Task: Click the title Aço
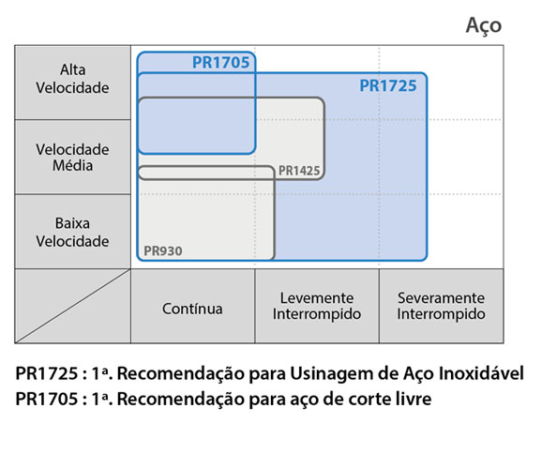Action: pyautogui.click(x=484, y=26)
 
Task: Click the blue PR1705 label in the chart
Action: pyautogui.click(x=220, y=63)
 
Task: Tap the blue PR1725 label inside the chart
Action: pyautogui.click(x=388, y=85)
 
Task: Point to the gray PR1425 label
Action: pyautogui.click(x=299, y=171)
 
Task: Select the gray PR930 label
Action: pyautogui.click(x=163, y=250)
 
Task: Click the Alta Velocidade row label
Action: pyautogui.click(x=72, y=79)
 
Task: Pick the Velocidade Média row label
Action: pyautogui.click(x=72, y=158)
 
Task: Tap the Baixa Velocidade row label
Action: pyautogui.click(x=72, y=232)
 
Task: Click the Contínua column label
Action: pyautogui.click(x=192, y=309)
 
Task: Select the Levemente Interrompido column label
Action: pyautogui.click(x=317, y=306)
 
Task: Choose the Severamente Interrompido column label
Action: pyautogui.click(x=441, y=306)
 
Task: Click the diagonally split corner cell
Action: pyautogui.click(x=72, y=306)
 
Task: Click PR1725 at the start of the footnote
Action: pyautogui.click(x=47, y=373)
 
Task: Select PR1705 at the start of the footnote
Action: pyautogui.click(x=47, y=400)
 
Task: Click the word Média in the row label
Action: pyautogui.click(x=72, y=165)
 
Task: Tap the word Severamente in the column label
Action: pyautogui.click(x=441, y=298)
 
